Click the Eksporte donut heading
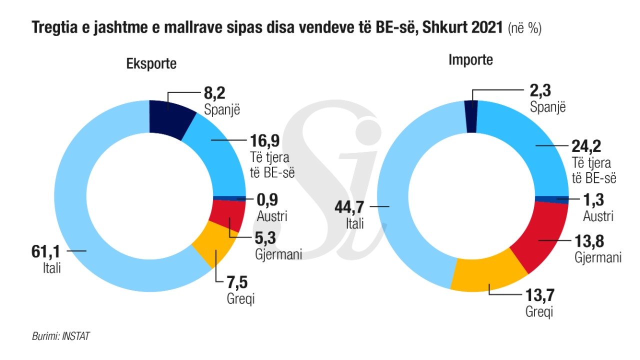tap(151, 64)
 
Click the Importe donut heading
tap(470, 60)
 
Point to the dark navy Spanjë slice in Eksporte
tap(171, 116)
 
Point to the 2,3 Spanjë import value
tap(540, 92)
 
